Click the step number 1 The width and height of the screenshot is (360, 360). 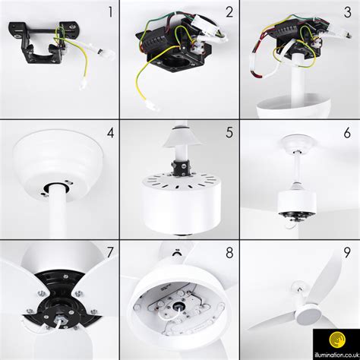click(x=109, y=12)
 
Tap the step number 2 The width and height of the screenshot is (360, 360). click(x=229, y=13)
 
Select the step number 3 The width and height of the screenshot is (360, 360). click(x=347, y=13)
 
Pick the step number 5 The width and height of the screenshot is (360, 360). click(x=229, y=134)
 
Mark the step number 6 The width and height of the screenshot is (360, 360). click(x=347, y=134)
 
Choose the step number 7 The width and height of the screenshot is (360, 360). click(x=109, y=254)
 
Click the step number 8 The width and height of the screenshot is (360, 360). click(x=229, y=254)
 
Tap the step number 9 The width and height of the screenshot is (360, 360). click(x=347, y=254)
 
